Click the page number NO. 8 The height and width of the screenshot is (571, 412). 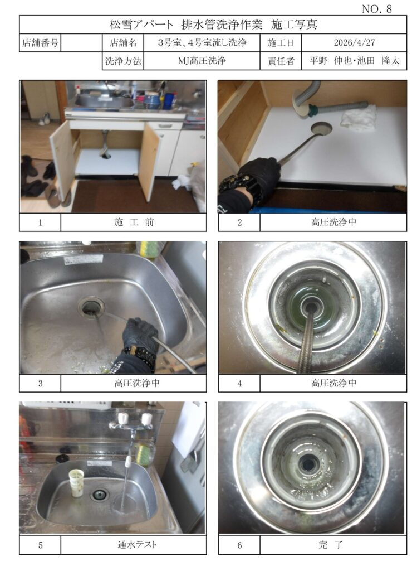[377, 9]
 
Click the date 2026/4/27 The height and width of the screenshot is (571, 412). [354, 42]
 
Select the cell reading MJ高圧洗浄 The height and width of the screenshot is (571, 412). [202, 60]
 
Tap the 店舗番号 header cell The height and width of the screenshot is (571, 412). [40, 42]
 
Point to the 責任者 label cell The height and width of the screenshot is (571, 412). [281, 61]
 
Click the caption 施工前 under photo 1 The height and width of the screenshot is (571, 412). [134, 222]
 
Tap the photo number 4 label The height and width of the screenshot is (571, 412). [239, 384]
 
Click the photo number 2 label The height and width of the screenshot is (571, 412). [239, 222]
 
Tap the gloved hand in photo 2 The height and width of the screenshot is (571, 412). [259, 174]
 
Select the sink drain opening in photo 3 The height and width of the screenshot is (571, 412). [91, 307]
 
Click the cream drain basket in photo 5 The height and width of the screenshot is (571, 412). [76, 483]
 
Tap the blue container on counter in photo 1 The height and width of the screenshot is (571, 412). [168, 101]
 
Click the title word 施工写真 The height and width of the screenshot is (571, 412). [294, 25]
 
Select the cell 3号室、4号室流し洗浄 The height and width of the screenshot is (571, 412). [202, 42]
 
